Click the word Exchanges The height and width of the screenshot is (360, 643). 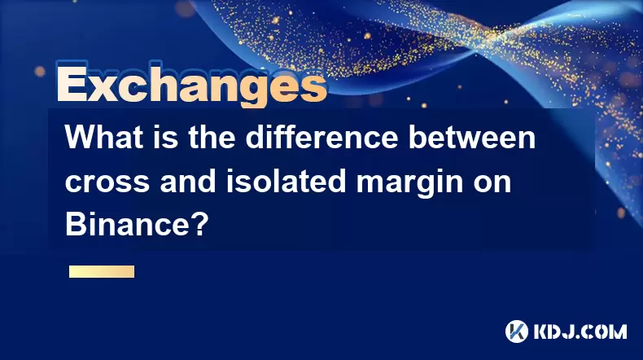pos(192,84)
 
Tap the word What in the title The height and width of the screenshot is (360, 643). pos(102,138)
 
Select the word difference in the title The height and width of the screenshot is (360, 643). pos(322,138)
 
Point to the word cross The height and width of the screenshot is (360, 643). pos(107,183)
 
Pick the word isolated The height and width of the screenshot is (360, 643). pos(286,181)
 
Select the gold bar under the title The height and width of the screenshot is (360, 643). pos(102,272)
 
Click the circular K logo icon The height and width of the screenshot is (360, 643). pos(517,331)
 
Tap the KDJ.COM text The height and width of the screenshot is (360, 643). pos(580,331)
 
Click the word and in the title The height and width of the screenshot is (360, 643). pos(188,181)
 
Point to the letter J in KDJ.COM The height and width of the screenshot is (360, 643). pos(571,331)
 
